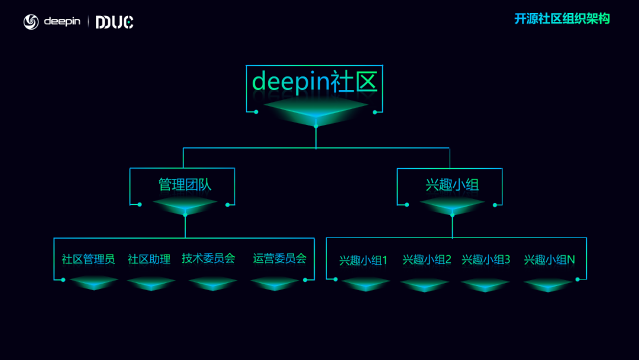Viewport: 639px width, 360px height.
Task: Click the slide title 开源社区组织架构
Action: pyautogui.click(x=561, y=19)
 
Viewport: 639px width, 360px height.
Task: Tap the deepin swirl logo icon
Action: pyautogui.click(x=31, y=22)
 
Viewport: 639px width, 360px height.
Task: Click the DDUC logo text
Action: pyautogui.click(x=114, y=22)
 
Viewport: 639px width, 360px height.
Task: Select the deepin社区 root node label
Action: pyautogui.click(x=315, y=81)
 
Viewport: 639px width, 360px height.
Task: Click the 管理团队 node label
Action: pyautogui.click(x=185, y=184)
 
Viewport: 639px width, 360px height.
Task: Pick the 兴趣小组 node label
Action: pyautogui.click(x=452, y=184)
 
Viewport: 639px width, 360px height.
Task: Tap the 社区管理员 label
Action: pyautogui.click(x=88, y=259)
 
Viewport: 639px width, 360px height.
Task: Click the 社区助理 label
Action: pyautogui.click(x=149, y=259)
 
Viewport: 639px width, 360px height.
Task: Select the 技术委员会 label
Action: pyautogui.click(x=208, y=258)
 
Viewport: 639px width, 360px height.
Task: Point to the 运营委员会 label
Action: pyautogui.click(x=280, y=258)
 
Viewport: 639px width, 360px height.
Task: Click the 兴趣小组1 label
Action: pyautogui.click(x=363, y=260)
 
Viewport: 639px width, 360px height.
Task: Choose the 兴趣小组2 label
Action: pyautogui.click(x=427, y=260)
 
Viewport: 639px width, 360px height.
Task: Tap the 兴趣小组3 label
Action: pyautogui.click(x=486, y=260)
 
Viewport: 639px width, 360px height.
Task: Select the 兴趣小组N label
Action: pyautogui.click(x=549, y=260)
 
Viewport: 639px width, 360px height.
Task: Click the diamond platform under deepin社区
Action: pyautogui.click(x=315, y=109)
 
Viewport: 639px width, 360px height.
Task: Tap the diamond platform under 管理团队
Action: pyautogui.click(x=185, y=204)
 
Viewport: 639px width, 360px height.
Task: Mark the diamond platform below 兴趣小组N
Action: pyautogui.click(x=548, y=284)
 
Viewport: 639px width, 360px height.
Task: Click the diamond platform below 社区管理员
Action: pyautogui.click(x=93, y=283)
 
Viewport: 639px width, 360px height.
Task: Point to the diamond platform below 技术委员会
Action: pyautogui.click(x=212, y=283)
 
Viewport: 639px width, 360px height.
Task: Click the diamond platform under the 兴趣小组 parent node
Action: pyautogui.click(x=452, y=204)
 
